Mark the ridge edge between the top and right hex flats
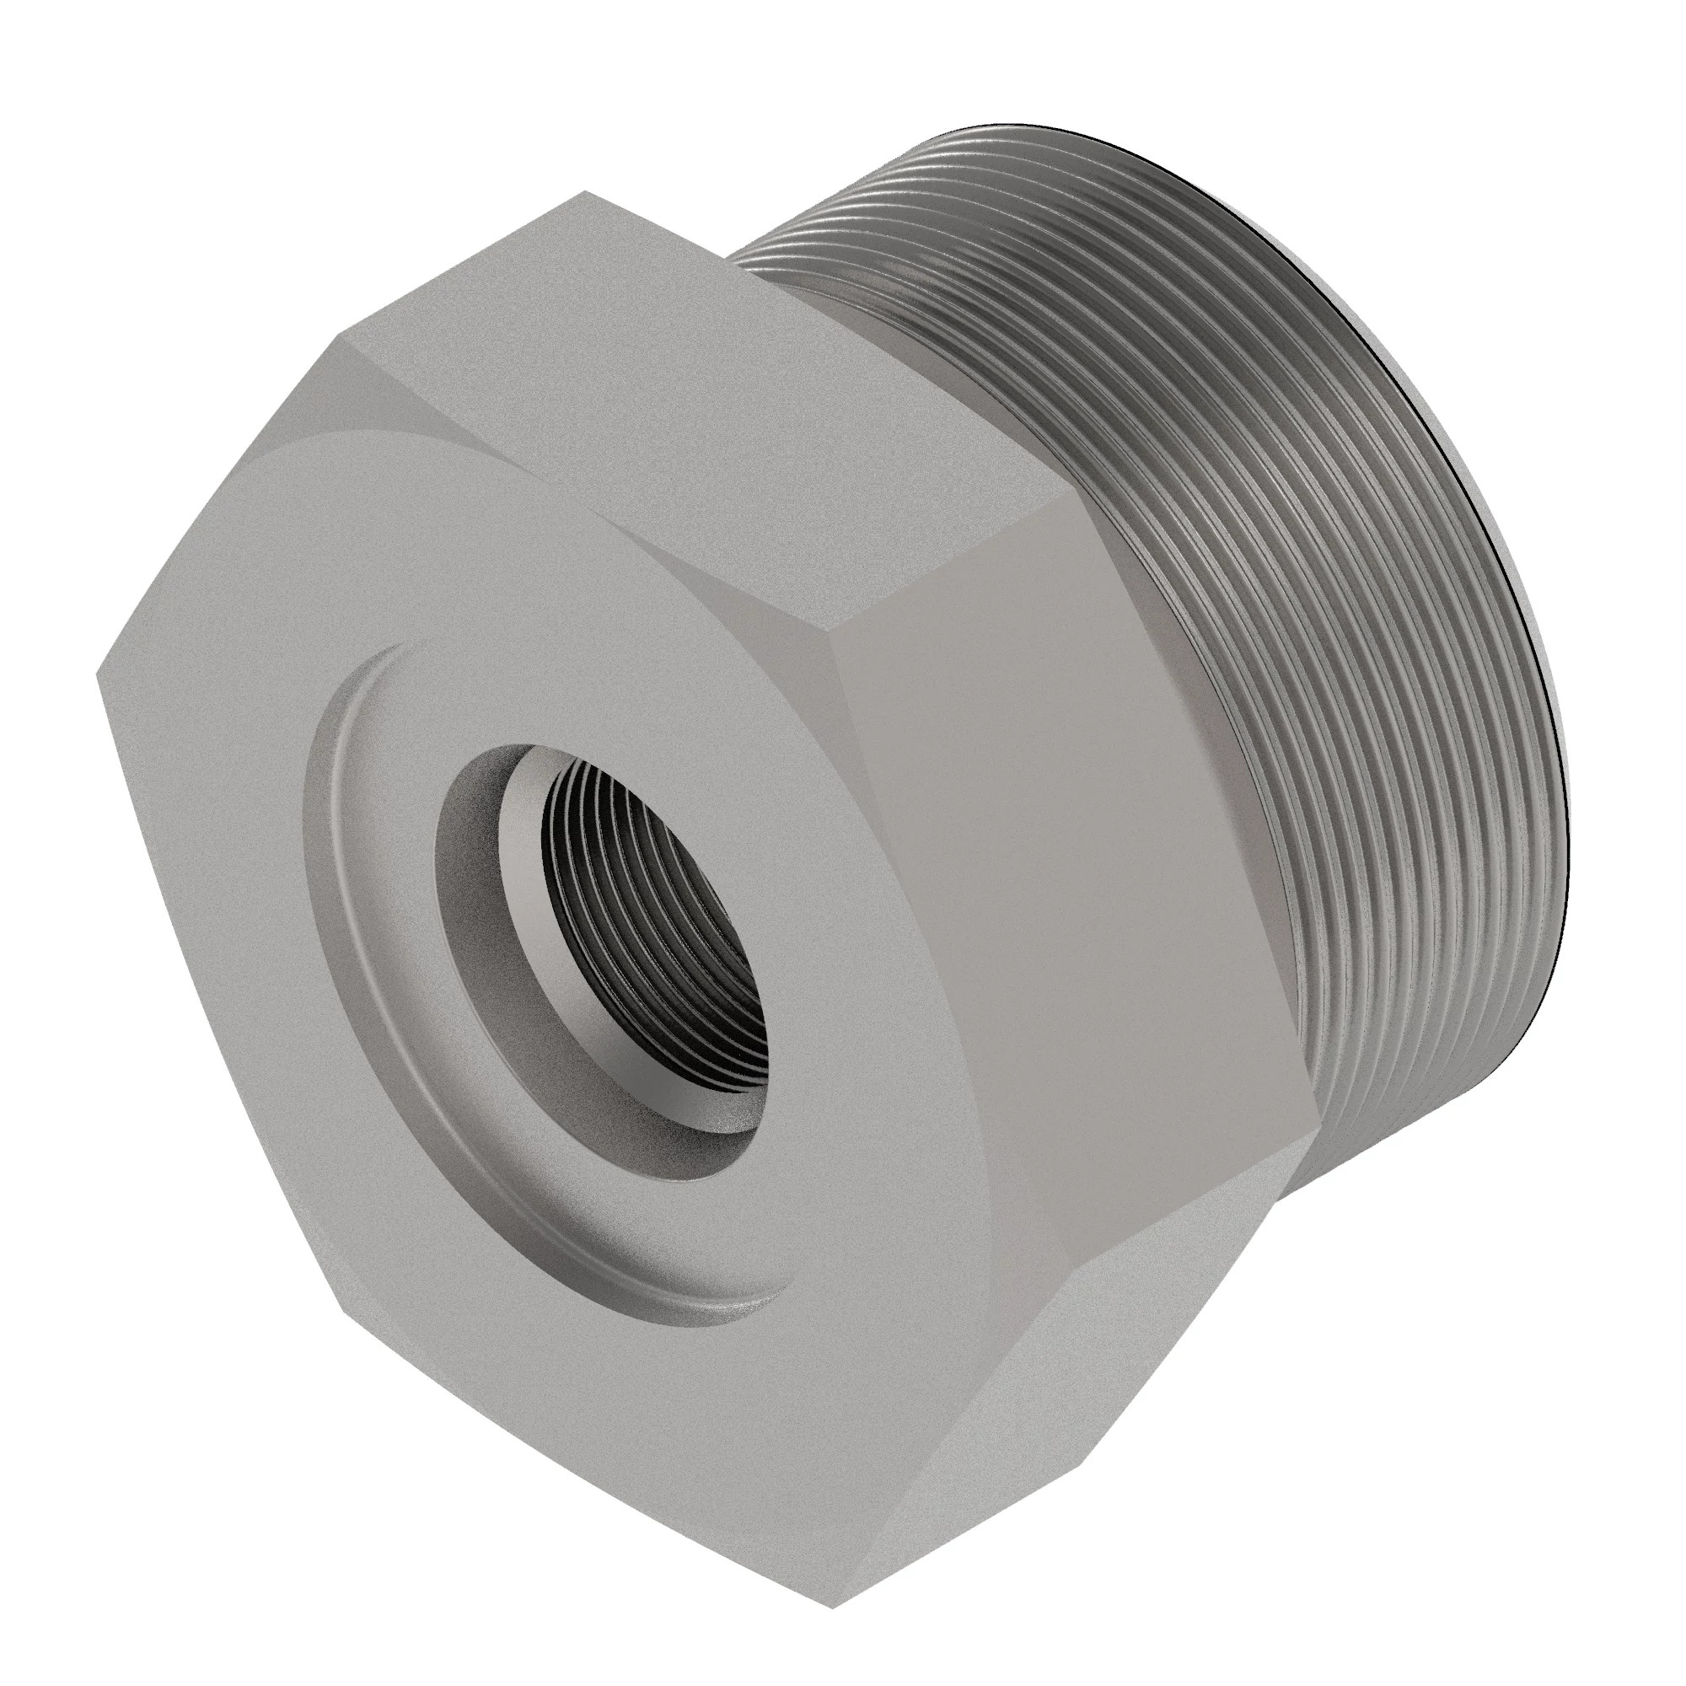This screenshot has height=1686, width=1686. pyautogui.click(x=960, y=576)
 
